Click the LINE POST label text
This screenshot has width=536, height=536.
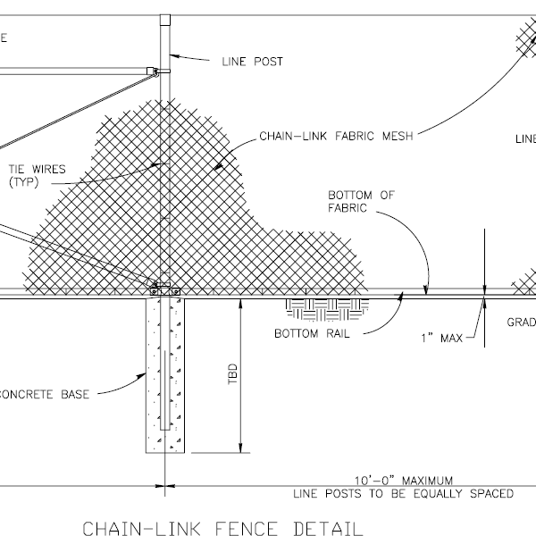click(x=251, y=63)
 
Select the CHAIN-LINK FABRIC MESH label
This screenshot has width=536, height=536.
click(x=326, y=138)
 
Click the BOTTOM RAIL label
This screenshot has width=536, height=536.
click(x=310, y=335)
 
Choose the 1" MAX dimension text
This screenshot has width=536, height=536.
click(x=441, y=338)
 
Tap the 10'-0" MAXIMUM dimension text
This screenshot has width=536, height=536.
click(x=403, y=480)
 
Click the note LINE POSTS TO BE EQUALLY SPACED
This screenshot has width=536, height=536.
click(x=403, y=493)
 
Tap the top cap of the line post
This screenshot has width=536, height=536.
click(x=163, y=17)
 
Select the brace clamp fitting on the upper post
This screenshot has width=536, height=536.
click(x=155, y=71)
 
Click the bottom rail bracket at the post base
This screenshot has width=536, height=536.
click(x=164, y=290)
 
